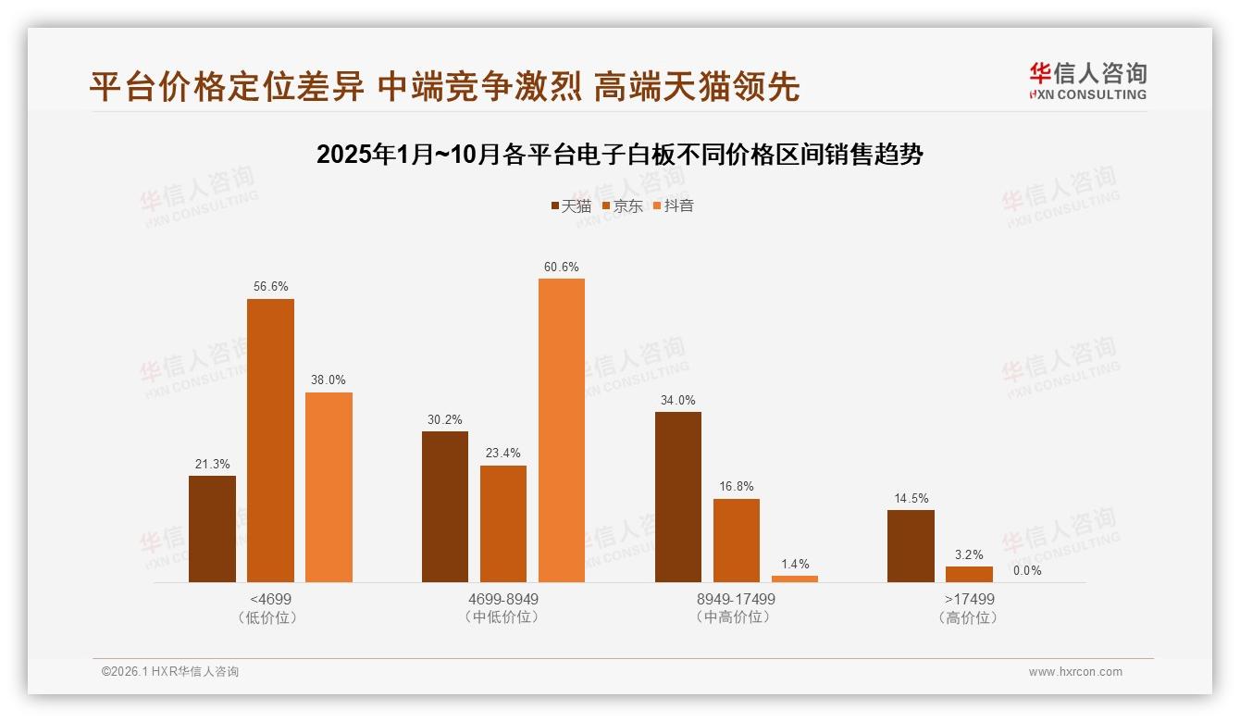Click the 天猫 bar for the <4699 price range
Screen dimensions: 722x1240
(212, 529)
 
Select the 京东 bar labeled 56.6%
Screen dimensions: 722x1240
(270, 441)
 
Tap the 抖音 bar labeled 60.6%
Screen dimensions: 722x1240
(562, 430)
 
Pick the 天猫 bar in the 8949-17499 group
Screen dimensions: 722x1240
(678, 497)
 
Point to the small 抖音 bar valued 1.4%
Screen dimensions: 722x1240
(795, 579)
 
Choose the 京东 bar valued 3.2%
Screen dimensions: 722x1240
(969, 574)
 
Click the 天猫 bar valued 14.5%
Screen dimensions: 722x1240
(911, 546)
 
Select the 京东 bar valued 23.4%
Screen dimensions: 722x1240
(503, 524)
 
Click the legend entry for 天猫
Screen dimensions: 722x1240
(571, 205)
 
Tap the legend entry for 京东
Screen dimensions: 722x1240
(622, 205)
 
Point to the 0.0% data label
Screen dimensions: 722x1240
(1027, 570)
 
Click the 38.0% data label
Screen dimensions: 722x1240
(329, 380)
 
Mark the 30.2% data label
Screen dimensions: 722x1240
(445, 419)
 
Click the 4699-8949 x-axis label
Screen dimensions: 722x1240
(503, 599)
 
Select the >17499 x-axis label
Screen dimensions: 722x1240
(968, 599)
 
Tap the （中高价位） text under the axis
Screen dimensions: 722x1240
(737, 617)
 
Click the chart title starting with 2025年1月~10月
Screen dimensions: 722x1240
(620, 155)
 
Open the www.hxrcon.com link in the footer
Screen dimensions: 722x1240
(1075, 671)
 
